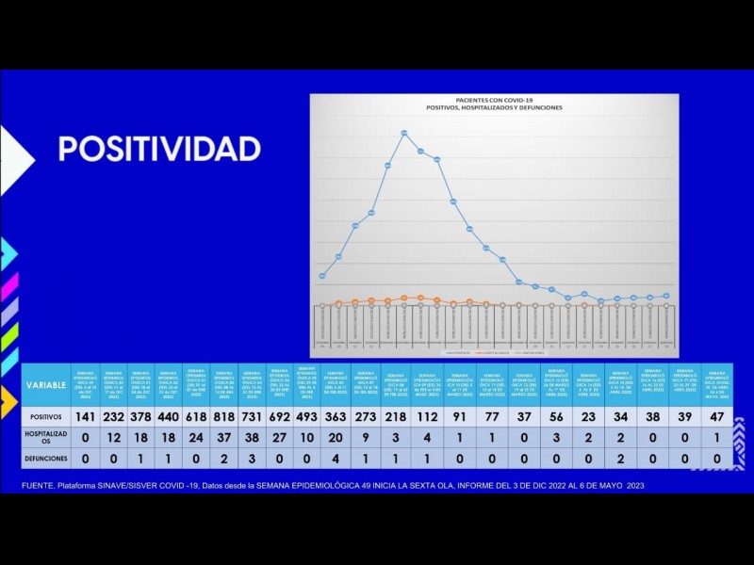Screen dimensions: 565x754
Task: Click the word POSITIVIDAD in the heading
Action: point(159,148)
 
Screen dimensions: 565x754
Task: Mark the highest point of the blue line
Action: point(404,133)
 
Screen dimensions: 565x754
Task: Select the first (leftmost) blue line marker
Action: point(322,277)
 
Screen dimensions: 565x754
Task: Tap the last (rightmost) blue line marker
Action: point(667,296)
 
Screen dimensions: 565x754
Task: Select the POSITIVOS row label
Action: point(46,416)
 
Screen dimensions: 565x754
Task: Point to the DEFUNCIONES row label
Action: point(46,459)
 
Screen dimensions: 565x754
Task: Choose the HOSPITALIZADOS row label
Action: point(46,438)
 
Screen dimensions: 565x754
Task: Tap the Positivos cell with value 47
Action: point(718,416)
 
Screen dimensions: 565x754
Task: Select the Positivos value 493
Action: point(307,416)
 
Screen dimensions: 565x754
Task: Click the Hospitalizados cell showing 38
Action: point(252,438)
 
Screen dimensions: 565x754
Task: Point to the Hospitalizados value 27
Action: point(279,438)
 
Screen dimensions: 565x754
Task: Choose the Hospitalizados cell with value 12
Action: point(113,438)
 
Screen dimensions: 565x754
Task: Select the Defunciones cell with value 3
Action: point(252,459)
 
